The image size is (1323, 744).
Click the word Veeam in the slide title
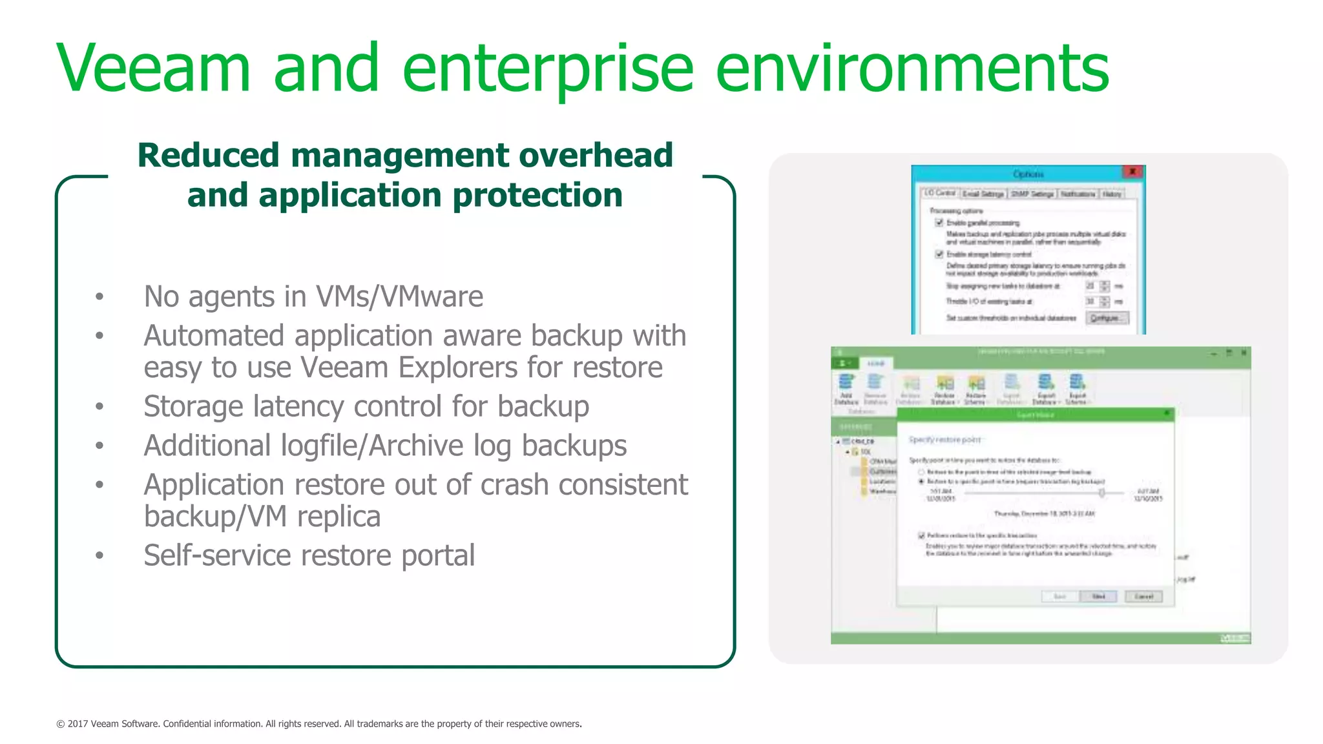click(153, 68)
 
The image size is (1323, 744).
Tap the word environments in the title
click(912, 68)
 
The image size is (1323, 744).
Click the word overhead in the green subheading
click(596, 155)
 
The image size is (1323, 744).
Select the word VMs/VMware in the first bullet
click(399, 296)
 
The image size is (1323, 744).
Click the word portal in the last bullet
click(438, 555)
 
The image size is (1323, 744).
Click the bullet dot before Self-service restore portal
click(99, 555)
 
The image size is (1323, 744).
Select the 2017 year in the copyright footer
click(78, 724)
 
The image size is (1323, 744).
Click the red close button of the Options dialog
click(1132, 172)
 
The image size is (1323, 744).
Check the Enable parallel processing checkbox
click(939, 223)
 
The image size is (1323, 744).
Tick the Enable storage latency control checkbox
click(939, 254)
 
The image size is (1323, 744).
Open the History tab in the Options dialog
click(1112, 194)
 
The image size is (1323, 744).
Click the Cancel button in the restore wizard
click(1143, 596)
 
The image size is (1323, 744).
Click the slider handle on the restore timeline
click(1102, 493)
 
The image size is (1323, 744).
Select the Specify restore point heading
click(945, 440)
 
